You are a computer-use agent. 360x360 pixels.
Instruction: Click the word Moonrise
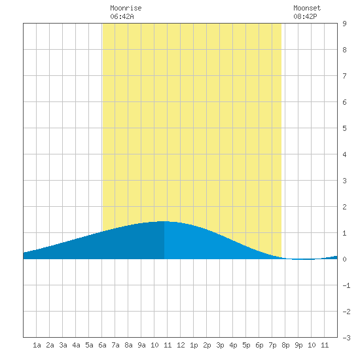(126, 8)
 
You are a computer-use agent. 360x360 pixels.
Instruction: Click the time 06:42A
(122, 16)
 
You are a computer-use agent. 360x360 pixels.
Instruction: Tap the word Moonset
(307, 8)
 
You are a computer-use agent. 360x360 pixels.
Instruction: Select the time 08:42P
(305, 16)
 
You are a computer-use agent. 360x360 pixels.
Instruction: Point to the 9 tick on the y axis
(344, 24)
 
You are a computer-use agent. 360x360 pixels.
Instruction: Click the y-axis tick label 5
(344, 128)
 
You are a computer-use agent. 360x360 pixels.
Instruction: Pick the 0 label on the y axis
(344, 259)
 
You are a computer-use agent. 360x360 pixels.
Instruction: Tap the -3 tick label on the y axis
(346, 338)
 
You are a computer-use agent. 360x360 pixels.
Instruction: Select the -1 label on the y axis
(346, 285)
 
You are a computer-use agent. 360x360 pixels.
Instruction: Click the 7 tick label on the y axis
(344, 76)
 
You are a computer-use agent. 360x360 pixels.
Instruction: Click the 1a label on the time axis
(37, 345)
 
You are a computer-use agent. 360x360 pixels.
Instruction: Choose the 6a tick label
(102, 345)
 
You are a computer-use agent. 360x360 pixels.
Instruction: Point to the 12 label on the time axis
(181, 345)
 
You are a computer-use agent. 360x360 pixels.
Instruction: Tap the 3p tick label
(220, 345)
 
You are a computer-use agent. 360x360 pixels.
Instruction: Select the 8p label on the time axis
(285, 345)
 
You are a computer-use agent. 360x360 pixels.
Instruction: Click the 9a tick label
(141, 345)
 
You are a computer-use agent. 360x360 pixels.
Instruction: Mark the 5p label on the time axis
(246, 345)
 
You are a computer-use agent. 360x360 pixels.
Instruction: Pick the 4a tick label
(76, 345)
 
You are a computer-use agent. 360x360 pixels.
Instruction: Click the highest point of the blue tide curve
(164, 221)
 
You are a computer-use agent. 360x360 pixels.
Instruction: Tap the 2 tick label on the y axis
(344, 207)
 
